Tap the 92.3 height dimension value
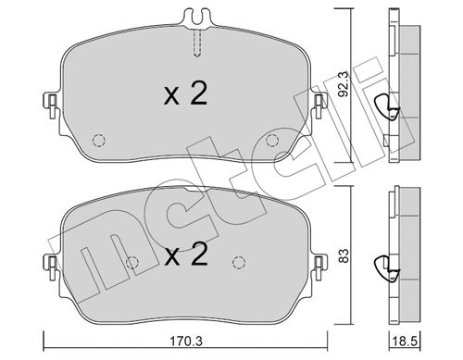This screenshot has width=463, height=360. pyautogui.click(x=343, y=84)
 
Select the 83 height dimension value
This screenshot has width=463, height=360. pyautogui.click(x=344, y=255)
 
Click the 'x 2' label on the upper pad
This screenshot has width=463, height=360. pyautogui.click(x=185, y=94)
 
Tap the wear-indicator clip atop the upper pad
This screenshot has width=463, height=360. pyautogui.click(x=198, y=17)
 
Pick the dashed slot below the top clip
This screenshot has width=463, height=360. pyautogui.click(x=197, y=43)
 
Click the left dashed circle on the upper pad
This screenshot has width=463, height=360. pyautogui.click(x=99, y=141)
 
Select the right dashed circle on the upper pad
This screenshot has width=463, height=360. pyautogui.click(x=272, y=141)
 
